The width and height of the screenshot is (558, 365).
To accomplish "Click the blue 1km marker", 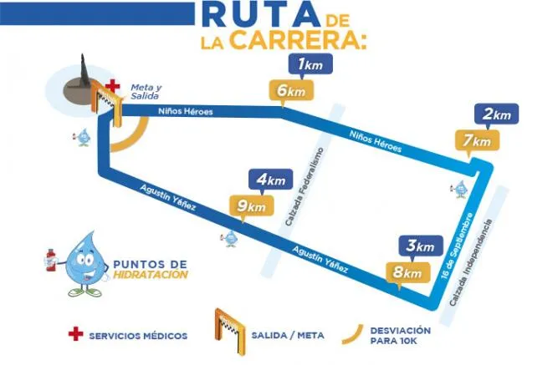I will [x=310, y=64].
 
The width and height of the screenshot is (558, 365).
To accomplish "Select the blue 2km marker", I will [x=496, y=114].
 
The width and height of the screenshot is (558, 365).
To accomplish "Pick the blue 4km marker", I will [x=271, y=180].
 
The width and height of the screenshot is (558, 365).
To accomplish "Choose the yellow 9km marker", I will [x=249, y=205].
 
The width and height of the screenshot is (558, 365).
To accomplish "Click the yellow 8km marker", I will [x=402, y=271].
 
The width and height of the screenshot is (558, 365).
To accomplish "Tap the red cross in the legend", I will [x=76, y=334].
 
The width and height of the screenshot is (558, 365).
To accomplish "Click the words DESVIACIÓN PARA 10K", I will [x=401, y=335].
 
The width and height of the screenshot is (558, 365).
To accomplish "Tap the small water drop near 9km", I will [x=232, y=238].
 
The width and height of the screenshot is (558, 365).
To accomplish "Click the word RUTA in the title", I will [x=259, y=16].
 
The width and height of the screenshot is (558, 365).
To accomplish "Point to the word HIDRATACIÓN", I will [x=150, y=274].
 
